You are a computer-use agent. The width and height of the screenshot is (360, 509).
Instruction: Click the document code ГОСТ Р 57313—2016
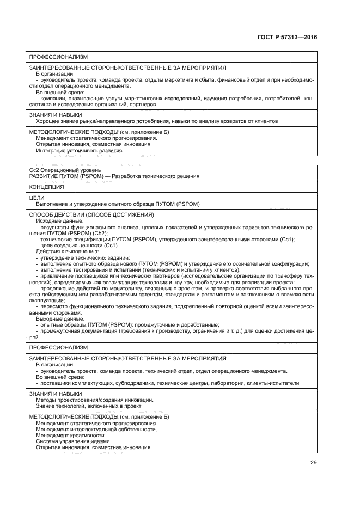coord(287,38)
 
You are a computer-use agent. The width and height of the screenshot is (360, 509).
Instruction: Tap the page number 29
coord(313,463)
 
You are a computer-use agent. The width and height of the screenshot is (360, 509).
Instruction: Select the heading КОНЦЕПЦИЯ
coord(46,187)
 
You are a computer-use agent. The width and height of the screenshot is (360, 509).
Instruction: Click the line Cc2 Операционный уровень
coord(65,170)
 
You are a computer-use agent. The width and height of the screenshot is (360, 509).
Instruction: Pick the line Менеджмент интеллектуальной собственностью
coord(96,429)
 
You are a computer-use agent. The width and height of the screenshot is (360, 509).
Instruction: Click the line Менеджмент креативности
coord(71,435)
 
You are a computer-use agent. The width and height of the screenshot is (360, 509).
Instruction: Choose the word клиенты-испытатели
coord(275,383)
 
